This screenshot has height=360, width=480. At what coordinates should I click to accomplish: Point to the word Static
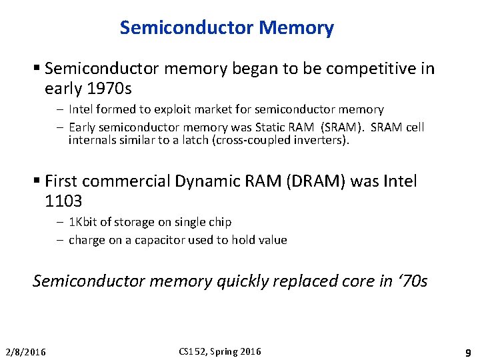[275, 127]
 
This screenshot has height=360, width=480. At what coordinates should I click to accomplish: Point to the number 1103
[63, 201]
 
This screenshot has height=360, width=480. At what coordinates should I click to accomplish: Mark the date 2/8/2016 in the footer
[26, 352]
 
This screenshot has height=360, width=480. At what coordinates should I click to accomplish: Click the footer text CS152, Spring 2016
[221, 351]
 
